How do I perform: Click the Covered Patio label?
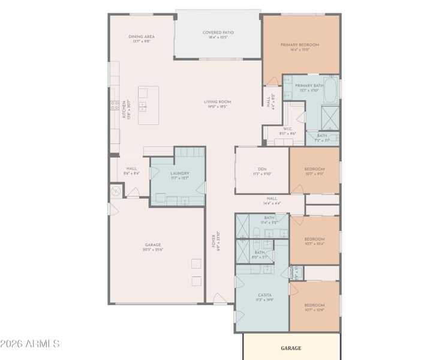pyautogui.click(x=218, y=33)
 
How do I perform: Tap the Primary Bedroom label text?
pyautogui.click(x=300, y=45)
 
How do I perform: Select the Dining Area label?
pyautogui.click(x=142, y=37)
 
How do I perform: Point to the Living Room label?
pyautogui.click(x=217, y=102)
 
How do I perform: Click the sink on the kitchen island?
pyautogui.click(x=143, y=106)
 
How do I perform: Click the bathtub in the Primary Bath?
pyautogui.click(x=331, y=88)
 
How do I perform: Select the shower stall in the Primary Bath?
pyautogui.click(x=330, y=117)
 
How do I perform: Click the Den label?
pyautogui.click(x=262, y=169)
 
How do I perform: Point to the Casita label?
pyautogui.click(x=264, y=295)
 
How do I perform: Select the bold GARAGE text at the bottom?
pyautogui.click(x=291, y=348)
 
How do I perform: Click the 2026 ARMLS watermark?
pyautogui.click(x=30, y=344)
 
